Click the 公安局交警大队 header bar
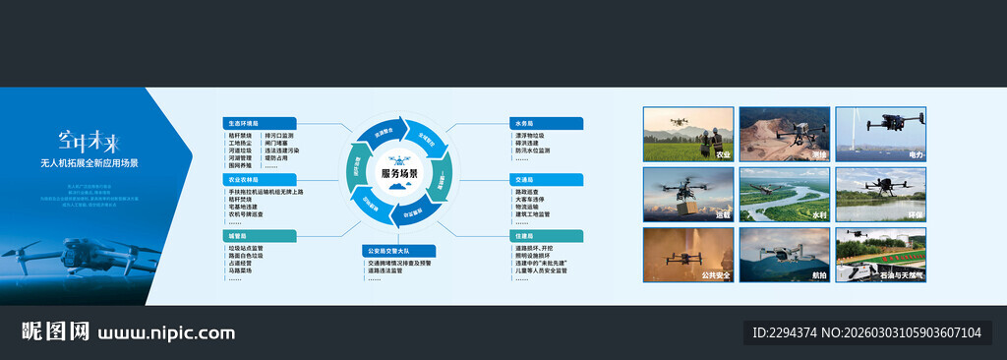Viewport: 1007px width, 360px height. pos(397,251)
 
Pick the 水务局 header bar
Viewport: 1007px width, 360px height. pos(547,124)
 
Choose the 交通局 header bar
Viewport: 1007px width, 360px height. pos(547,180)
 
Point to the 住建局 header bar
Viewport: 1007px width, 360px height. pos(547,236)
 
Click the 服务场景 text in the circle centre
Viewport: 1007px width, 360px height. pos(399,174)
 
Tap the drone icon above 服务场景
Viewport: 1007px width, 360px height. pos(399,158)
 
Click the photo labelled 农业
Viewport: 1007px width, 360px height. pos(687,134)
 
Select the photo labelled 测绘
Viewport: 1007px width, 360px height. pos(783,134)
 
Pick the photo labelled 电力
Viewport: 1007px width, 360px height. pos(879,134)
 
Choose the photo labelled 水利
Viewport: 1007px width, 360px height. pos(783,194)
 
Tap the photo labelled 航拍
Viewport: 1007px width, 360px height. pos(783,255)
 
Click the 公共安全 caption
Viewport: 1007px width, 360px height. pos(715,276)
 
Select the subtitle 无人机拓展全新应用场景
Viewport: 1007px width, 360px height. pos(89,162)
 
